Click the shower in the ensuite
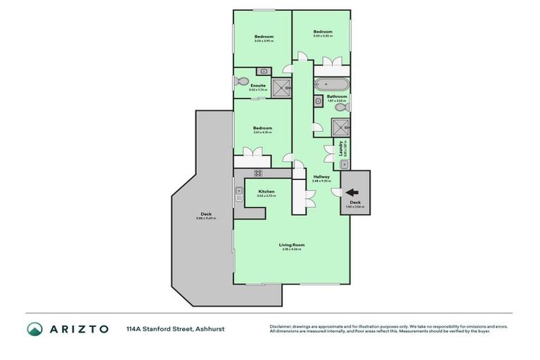tap(281, 87)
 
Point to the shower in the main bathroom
tap(341, 127)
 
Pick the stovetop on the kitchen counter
tap(258, 173)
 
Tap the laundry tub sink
tap(344, 164)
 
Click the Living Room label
tap(291, 245)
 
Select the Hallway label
tap(321, 176)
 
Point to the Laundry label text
tap(340, 148)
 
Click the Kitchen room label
tap(266, 191)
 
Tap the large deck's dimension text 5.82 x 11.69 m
tap(205, 219)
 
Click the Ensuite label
tap(258, 86)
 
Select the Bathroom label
tap(337, 96)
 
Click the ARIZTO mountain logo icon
tap(35, 328)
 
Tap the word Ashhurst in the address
tap(210, 328)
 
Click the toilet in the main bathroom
tap(339, 108)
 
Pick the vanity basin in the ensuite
tap(263, 71)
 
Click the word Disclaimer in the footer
tap(282, 326)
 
